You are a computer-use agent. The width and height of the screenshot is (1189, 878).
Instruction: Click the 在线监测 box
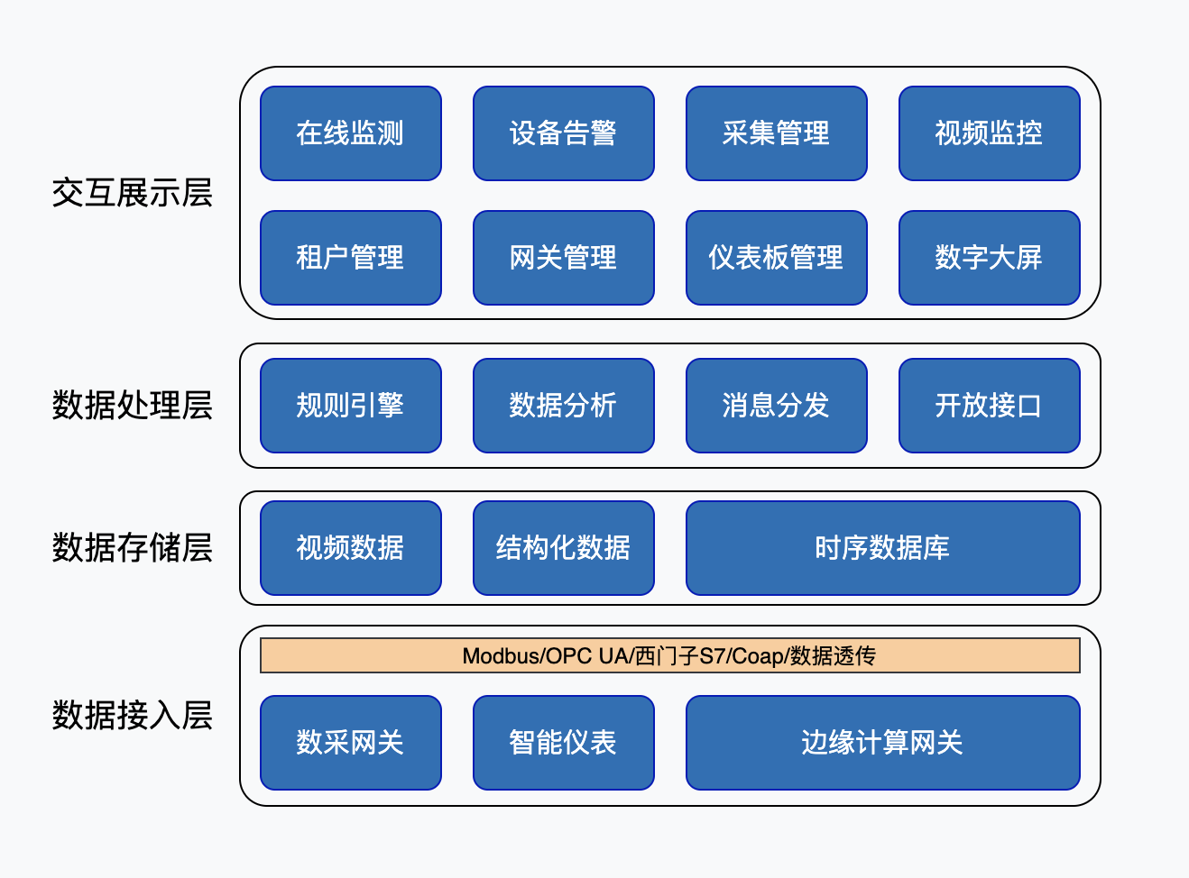click(x=351, y=133)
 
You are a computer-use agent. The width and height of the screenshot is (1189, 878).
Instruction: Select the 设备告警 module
click(x=564, y=133)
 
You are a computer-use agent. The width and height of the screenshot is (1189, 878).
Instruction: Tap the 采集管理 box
click(x=776, y=133)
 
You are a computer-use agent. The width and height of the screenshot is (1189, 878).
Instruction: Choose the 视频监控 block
click(x=989, y=133)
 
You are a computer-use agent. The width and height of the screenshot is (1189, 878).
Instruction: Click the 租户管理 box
click(x=351, y=258)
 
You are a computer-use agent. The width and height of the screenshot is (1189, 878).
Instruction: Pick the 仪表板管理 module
click(x=776, y=258)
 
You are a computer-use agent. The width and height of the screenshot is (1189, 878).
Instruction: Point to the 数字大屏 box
click(x=989, y=258)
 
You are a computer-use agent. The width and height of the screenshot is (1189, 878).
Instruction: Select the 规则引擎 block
click(x=351, y=406)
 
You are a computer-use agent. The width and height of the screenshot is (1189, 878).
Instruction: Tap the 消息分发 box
click(x=776, y=406)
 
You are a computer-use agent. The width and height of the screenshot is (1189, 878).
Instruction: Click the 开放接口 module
click(x=989, y=406)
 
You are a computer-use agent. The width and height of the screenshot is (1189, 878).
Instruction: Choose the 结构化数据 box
click(x=564, y=548)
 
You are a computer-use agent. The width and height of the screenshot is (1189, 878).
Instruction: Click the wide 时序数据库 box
click(x=883, y=548)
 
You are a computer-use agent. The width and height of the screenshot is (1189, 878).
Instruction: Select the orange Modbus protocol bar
click(x=670, y=655)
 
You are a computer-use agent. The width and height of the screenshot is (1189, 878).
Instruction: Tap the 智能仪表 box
click(x=564, y=743)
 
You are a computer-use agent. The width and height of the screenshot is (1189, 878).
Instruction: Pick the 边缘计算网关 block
click(x=883, y=743)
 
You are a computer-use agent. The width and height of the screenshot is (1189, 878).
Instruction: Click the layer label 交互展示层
click(x=133, y=193)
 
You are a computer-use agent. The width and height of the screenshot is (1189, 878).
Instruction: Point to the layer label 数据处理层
click(x=133, y=405)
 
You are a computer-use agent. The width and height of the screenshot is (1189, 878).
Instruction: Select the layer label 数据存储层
click(x=133, y=547)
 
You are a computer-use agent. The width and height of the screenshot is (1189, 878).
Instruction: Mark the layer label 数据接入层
click(x=133, y=715)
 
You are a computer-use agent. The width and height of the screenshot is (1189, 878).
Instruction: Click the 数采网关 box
click(x=351, y=743)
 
